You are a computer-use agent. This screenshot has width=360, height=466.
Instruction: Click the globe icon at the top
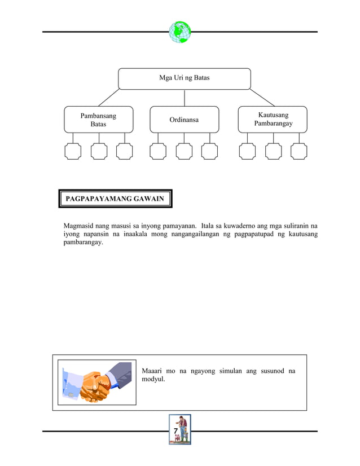[x=180, y=32]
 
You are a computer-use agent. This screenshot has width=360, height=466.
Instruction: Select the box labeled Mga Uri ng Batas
[x=184, y=78]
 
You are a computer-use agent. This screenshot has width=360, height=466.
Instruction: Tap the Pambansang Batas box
[x=99, y=120]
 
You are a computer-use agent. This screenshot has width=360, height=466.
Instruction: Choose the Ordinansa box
[x=184, y=120]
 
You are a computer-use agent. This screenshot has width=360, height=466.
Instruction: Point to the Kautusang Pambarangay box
[x=273, y=120]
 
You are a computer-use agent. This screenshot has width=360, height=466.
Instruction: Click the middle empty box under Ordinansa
[x=184, y=151]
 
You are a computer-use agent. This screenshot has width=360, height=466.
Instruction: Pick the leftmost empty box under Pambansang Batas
[x=73, y=151]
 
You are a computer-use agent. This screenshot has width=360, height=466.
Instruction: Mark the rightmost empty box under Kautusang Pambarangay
[x=299, y=151]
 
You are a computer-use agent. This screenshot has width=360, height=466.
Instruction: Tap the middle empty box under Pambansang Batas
[x=99, y=151]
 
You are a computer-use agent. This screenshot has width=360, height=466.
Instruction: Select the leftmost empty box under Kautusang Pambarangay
[x=247, y=151]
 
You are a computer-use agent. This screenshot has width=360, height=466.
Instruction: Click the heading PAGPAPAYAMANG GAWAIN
[x=115, y=199]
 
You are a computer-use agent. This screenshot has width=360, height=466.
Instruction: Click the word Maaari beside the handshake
[x=153, y=371]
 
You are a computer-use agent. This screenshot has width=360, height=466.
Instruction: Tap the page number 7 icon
[x=180, y=429]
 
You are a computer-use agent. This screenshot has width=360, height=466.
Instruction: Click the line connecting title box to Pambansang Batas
[x=108, y=98]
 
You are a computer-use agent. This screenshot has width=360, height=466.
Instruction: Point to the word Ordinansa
[x=184, y=120]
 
